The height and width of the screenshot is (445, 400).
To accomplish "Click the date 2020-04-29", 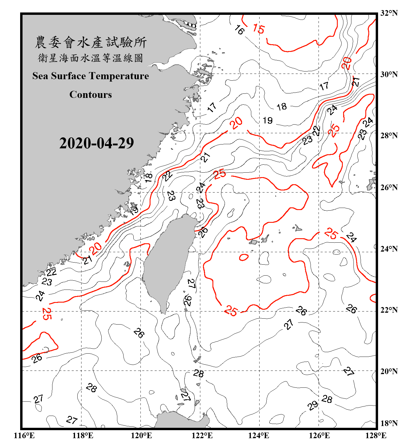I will click(x=97, y=143).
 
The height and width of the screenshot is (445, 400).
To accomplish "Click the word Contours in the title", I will click(x=91, y=95).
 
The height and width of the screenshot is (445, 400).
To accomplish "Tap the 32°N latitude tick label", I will click(x=389, y=13).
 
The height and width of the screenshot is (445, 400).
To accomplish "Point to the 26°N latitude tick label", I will click(x=389, y=187).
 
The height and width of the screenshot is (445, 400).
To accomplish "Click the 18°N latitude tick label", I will click(x=389, y=423).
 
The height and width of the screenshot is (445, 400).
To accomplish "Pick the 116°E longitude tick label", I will click(x=24, y=436).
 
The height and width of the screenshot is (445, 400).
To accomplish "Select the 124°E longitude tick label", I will click(x=259, y=436).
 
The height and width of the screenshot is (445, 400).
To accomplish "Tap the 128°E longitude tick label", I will click(x=376, y=436).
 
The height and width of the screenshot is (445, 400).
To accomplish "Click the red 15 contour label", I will click(x=259, y=29).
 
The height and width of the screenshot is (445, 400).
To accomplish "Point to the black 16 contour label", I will click(x=239, y=30).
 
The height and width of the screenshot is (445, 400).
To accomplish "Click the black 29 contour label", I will click(x=313, y=405).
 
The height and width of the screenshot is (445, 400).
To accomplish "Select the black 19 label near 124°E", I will click(x=268, y=120).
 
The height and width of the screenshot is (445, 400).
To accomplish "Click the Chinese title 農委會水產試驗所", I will click(x=91, y=42).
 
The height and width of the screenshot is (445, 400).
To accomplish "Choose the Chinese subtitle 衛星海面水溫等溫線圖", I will click(x=91, y=58).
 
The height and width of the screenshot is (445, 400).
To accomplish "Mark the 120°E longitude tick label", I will click(x=141, y=436).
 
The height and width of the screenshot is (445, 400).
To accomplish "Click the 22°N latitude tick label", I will click(x=389, y=310).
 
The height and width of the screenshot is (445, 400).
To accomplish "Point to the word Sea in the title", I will click(x=40, y=76).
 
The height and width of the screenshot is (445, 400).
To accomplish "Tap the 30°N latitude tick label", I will click(x=389, y=74).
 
